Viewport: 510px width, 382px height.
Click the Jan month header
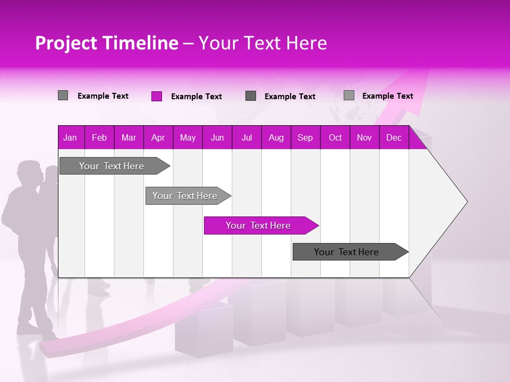click(70, 137)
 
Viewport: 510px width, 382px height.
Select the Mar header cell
click(129, 137)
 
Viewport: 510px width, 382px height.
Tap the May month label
click(188, 137)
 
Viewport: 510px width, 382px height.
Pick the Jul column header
click(246, 137)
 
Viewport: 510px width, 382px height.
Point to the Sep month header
click(305, 137)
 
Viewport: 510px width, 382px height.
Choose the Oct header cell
click(335, 137)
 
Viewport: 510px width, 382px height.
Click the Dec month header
click(394, 137)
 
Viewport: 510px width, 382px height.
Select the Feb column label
click(99, 137)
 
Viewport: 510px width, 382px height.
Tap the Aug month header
click(276, 137)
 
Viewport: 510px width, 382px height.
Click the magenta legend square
click(157, 96)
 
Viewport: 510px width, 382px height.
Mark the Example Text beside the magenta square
click(196, 97)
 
